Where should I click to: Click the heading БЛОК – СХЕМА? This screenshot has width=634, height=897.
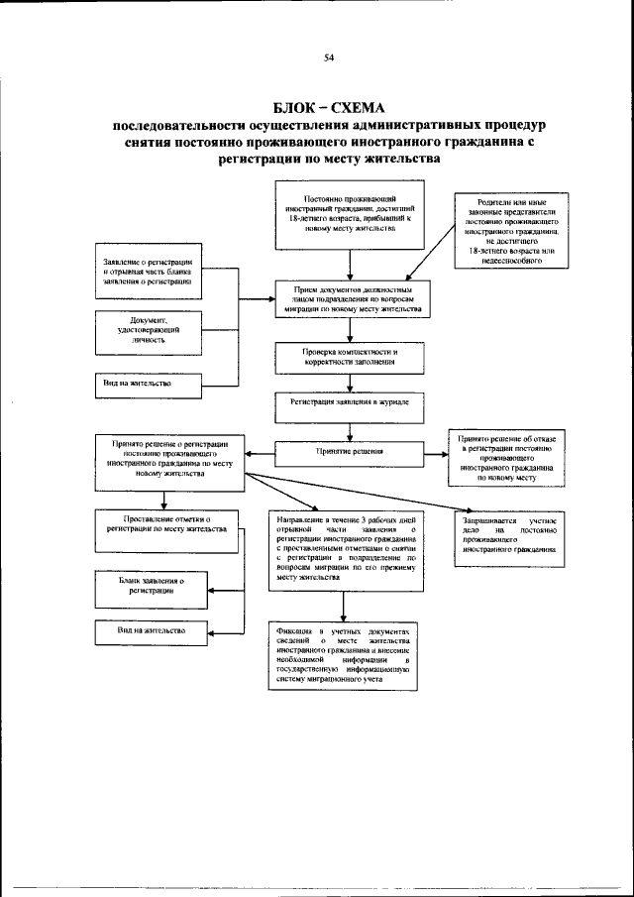click(x=327, y=107)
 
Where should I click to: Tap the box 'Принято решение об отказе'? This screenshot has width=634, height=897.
click(x=505, y=457)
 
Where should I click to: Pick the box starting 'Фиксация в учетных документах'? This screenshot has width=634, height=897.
click(x=343, y=656)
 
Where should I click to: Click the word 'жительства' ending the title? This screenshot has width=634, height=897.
click(x=397, y=158)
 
